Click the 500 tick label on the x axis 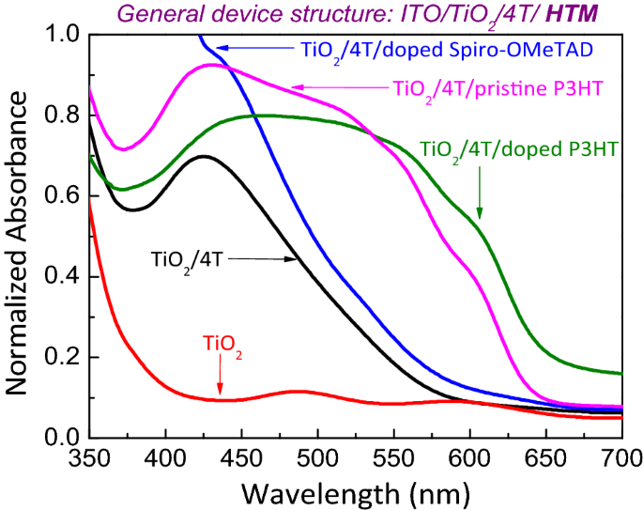(x=317, y=457)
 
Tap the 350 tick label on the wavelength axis (x=90, y=457)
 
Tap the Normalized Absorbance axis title (x=20, y=236)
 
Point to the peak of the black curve (x=204, y=156)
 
